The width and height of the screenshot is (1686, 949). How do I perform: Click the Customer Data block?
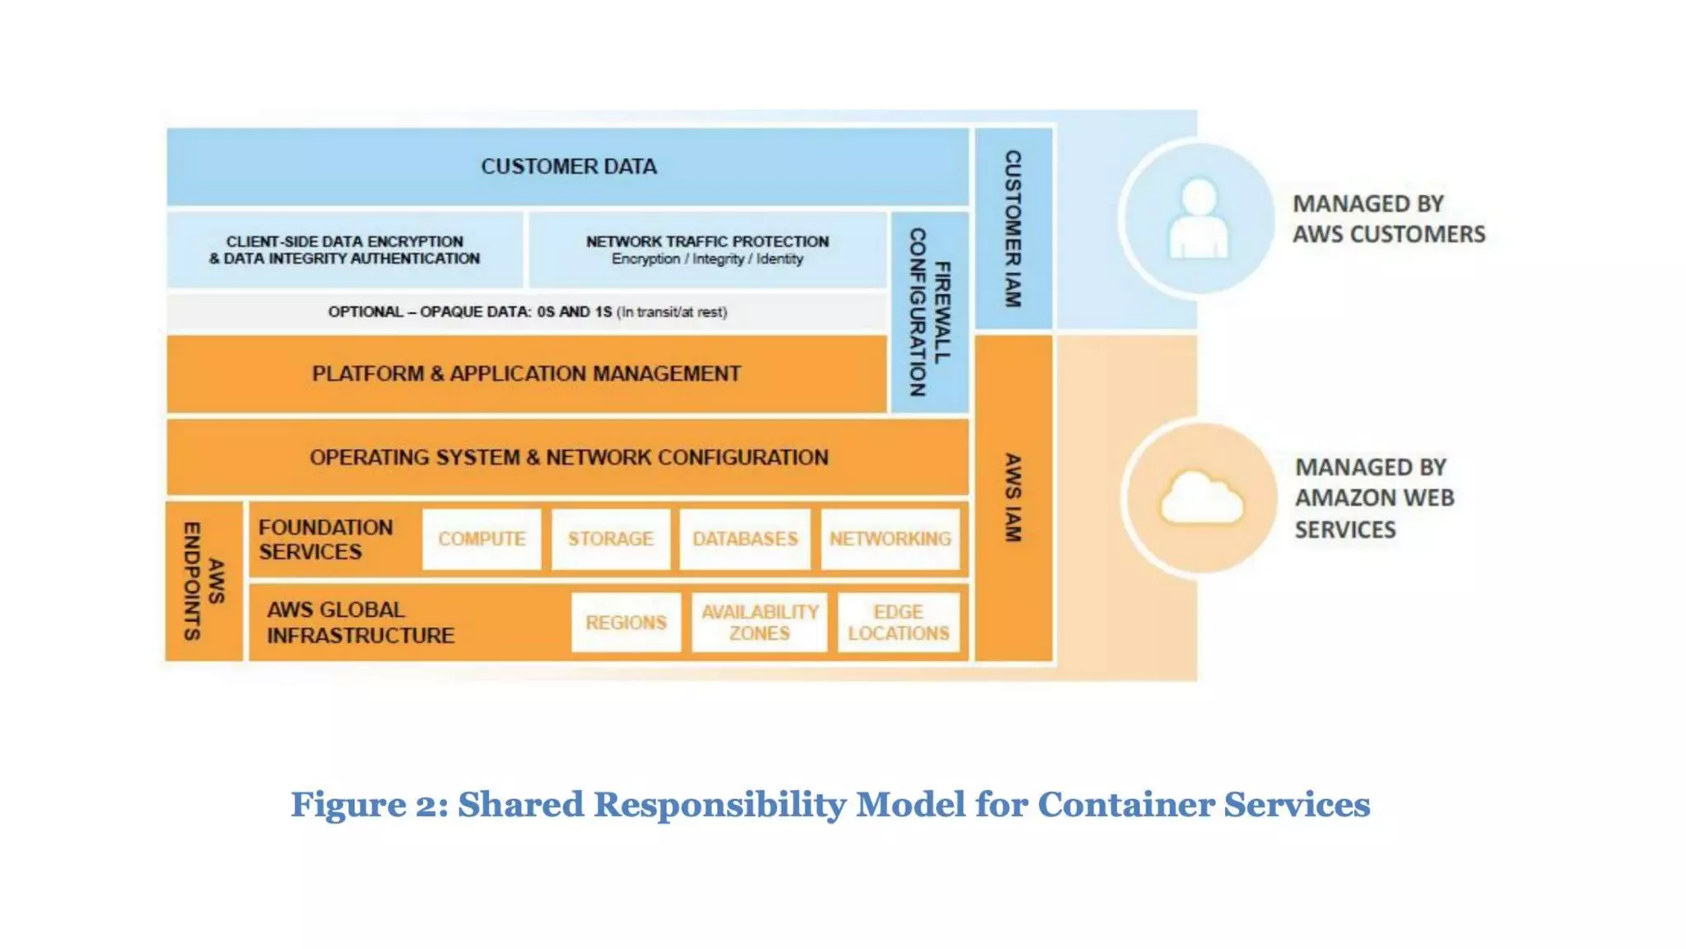pos(568,166)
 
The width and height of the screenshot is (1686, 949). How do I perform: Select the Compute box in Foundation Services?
pos(482,539)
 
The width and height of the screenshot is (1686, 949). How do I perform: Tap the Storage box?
pos(610,539)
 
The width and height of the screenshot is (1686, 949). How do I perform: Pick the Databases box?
pos(745,539)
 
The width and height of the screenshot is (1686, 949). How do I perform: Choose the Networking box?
pos(890,539)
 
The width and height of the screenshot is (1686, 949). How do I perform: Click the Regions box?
pos(626,622)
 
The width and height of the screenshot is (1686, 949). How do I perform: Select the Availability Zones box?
pos(759,622)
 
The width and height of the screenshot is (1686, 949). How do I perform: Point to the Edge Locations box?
pos(898,622)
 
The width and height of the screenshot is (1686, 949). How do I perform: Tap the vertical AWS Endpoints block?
pos(203,581)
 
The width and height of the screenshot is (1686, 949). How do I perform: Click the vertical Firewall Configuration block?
pos(929,312)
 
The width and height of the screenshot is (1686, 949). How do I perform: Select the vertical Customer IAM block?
pos(1013,229)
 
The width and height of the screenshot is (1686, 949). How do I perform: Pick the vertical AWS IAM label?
pos(1013,498)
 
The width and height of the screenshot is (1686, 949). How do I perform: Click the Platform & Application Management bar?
pos(526,373)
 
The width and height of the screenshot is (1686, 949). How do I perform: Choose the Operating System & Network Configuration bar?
pos(568,457)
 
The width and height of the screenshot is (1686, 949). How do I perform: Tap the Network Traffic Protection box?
pos(707,250)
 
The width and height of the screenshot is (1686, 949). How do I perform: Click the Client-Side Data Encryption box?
pos(344,250)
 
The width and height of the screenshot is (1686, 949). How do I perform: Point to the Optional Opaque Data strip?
pos(527,312)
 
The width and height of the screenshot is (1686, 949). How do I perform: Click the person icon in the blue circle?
pos(1199,218)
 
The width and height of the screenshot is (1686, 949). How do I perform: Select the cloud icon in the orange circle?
pos(1201,498)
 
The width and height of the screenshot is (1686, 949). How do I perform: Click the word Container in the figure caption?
pos(1125,805)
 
